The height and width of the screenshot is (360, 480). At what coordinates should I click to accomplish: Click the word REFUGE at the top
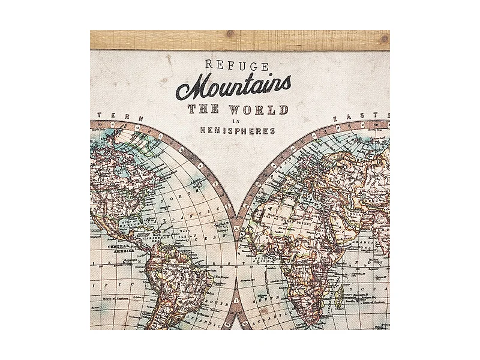click(x=236, y=65)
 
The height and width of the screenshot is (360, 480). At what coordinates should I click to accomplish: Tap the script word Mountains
click(x=233, y=88)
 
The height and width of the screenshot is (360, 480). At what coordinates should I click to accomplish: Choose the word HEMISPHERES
click(x=238, y=131)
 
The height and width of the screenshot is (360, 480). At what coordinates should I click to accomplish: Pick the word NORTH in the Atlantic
click(x=188, y=198)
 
